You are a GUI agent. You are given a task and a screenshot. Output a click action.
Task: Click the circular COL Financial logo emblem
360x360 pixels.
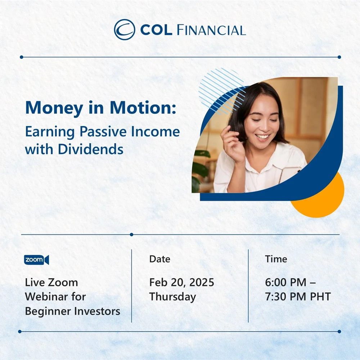124,30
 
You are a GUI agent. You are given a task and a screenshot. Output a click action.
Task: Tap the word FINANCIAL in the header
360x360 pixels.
211,30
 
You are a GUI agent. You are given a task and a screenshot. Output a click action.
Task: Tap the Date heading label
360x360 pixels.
159,259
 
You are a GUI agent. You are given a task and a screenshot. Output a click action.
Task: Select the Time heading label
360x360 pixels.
276,259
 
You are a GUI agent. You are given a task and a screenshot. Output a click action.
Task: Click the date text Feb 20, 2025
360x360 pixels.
181,282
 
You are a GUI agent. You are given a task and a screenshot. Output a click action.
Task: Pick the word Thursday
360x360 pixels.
172,297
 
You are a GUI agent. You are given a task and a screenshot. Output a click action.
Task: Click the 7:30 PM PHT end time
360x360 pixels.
298,297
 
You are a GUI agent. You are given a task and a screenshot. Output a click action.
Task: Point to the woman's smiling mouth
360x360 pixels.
262,137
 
